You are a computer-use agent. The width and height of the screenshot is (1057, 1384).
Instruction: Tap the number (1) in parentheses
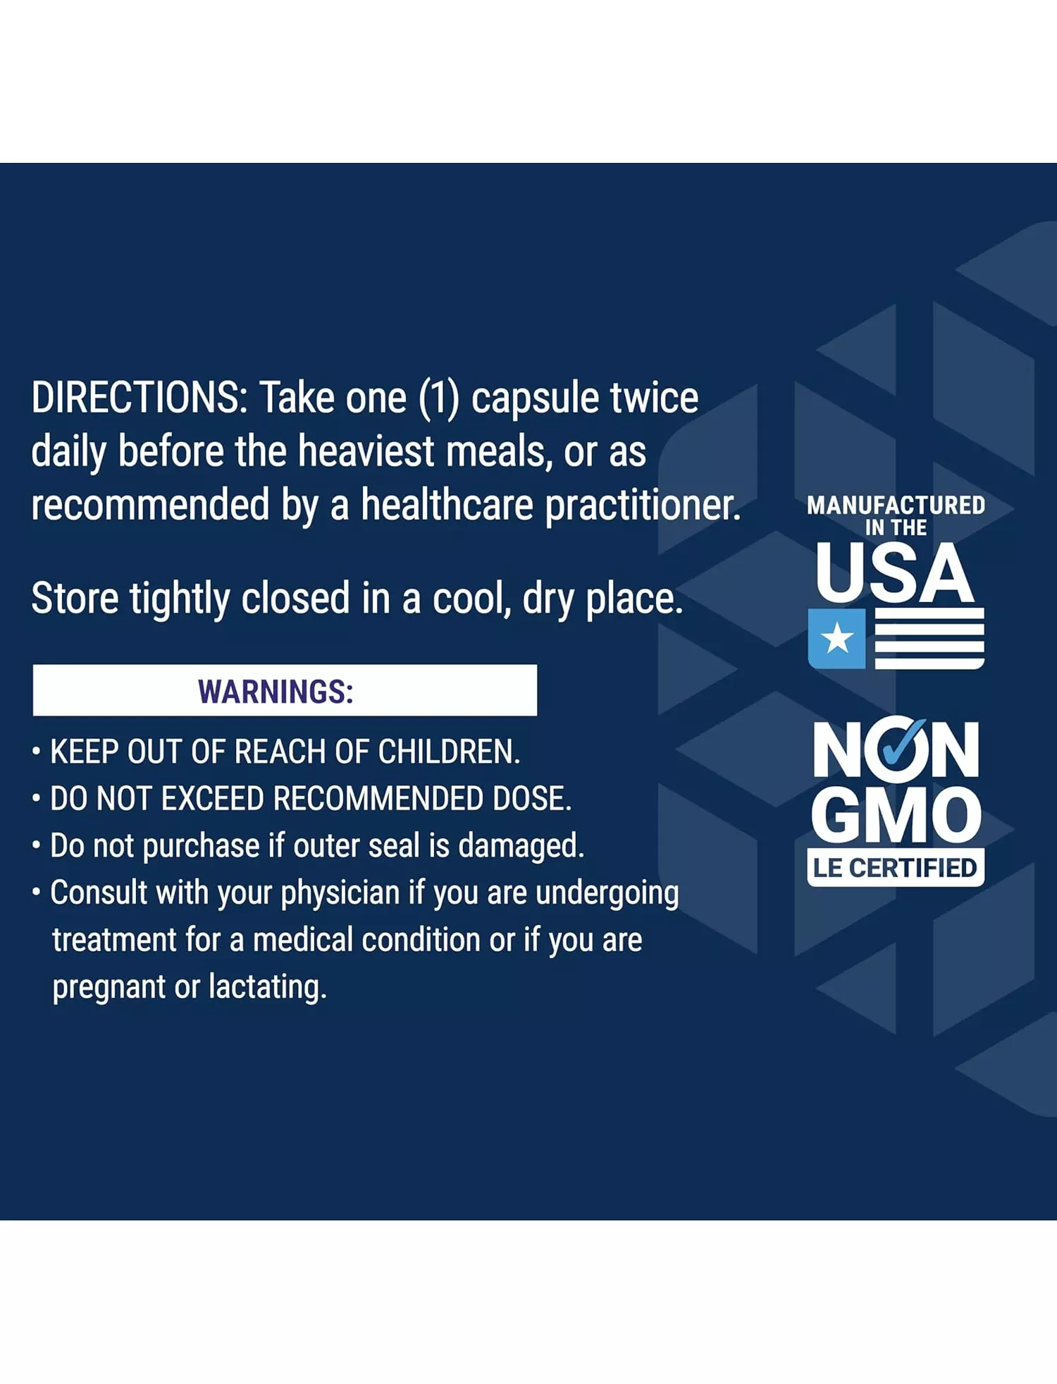438,398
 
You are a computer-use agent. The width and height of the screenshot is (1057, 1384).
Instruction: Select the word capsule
536,400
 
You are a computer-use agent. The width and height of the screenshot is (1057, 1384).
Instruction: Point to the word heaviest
366,451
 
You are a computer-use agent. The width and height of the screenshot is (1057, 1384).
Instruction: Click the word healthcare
447,505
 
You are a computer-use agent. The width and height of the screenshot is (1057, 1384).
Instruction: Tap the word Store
75,599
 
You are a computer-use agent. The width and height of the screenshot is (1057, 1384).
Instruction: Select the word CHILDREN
449,752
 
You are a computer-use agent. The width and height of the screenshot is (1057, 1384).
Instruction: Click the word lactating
268,987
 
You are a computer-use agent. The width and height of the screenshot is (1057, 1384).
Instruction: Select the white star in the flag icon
837,639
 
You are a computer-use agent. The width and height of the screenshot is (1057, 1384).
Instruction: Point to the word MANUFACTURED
896,505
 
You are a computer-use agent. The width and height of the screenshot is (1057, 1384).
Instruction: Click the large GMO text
896,816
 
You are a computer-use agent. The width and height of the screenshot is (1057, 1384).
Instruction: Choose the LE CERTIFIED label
896,868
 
